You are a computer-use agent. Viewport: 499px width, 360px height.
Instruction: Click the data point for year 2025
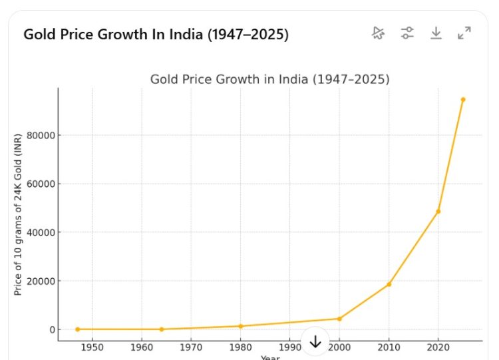click(463, 100)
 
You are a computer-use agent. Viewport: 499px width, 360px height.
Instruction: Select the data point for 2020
click(438, 212)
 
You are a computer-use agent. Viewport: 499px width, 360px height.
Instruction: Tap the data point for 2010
click(389, 284)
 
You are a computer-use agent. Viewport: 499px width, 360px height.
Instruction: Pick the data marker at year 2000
click(339, 319)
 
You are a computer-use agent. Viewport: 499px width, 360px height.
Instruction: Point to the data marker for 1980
click(240, 326)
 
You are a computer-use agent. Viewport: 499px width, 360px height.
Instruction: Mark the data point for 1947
click(77, 329)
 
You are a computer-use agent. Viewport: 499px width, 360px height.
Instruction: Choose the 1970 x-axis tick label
click(191, 347)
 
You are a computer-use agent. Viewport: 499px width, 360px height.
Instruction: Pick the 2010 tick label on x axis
click(389, 347)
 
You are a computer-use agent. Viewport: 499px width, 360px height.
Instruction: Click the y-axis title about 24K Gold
click(18, 214)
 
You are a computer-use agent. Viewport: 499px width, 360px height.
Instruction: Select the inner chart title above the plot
click(269, 79)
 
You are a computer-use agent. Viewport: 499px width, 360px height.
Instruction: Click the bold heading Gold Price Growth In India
click(156, 35)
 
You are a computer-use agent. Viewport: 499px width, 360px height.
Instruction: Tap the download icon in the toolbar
click(436, 33)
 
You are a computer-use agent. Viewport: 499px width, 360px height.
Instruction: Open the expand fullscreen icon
click(464, 33)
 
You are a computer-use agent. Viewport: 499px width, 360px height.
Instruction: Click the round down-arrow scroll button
click(315, 341)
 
